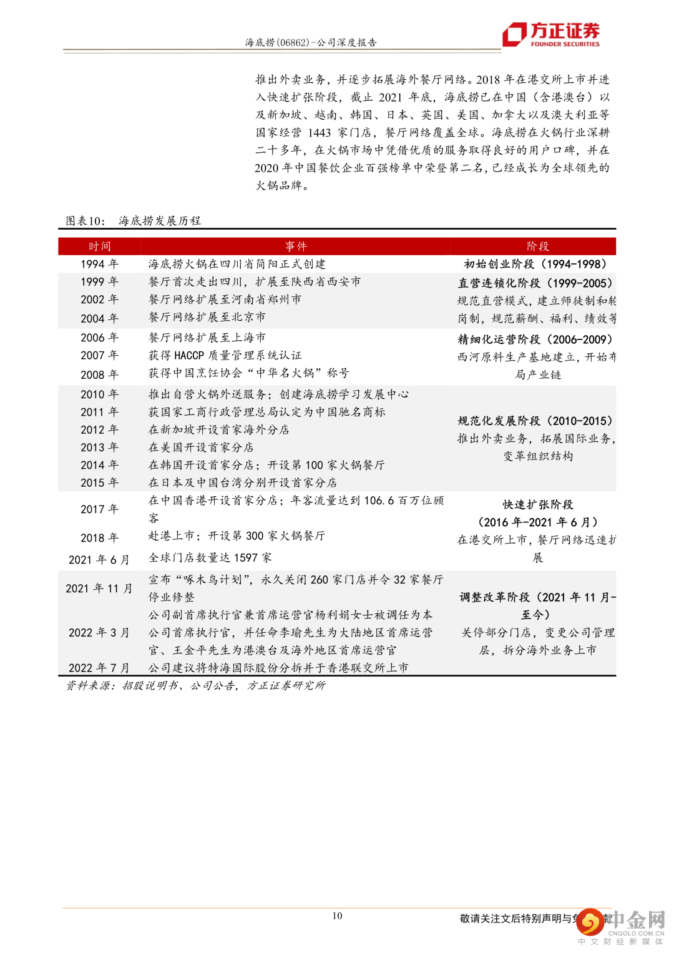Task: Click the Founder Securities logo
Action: tap(551, 34)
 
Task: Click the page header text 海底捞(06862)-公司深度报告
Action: tap(310, 42)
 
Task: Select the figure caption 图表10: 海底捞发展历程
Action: tap(134, 221)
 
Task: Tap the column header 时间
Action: tap(99, 247)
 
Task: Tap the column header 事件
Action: tap(296, 247)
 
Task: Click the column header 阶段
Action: tap(537, 247)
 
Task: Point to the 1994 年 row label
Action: tap(99, 264)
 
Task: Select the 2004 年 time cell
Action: tap(99, 318)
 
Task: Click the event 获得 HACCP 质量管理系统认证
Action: tap(225, 355)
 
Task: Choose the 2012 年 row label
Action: tap(99, 430)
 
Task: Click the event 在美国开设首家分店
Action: tap(201, 447)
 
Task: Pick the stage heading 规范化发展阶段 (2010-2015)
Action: tap(535, 421)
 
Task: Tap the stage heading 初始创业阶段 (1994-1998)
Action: tap(535, 264)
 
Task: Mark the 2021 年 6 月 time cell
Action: tap(99, 560)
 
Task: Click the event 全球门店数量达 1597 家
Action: tap(210, 558)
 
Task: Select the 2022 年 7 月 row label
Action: tap(99, 668)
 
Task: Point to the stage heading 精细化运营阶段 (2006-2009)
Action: tap(535, 340)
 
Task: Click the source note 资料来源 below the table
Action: tap(195, 686)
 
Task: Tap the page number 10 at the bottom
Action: tap(337, 916)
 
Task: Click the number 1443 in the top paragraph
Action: tap(319, 132)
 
